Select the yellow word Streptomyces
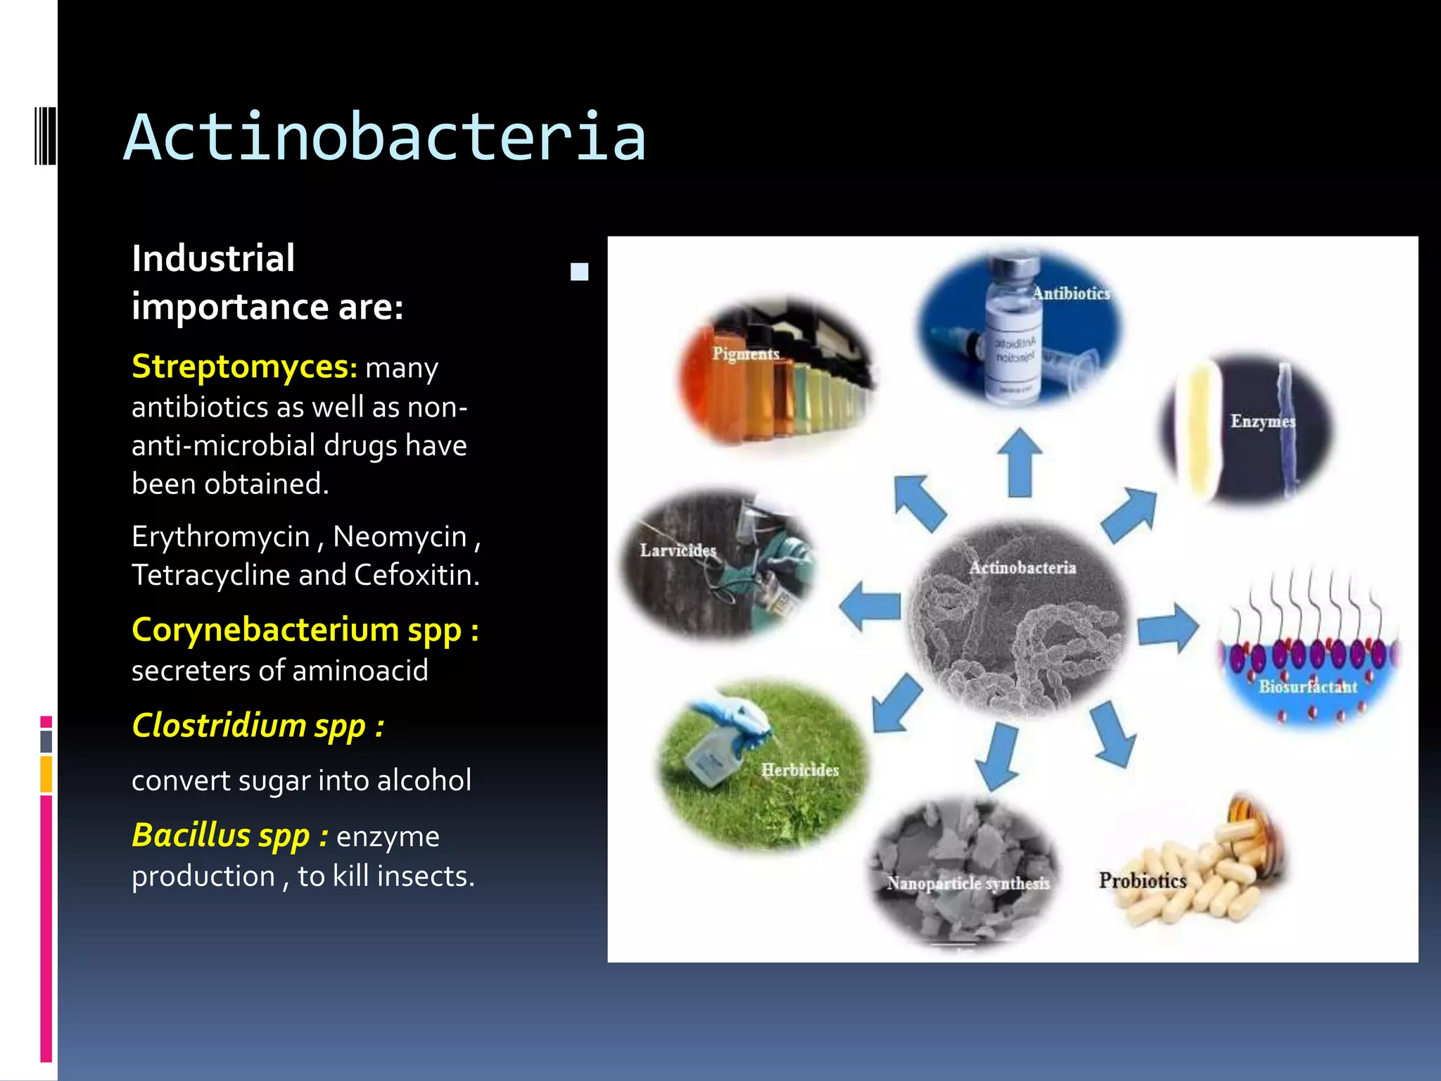tap(239, 367)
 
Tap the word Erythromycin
tap(220, 537)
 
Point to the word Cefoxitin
tap(416, 576)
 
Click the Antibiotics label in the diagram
tap(1071, 294)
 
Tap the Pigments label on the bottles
tap(745, 353)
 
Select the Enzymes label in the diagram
tap(1262, 422)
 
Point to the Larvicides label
tap(678, 550)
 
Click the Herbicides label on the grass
tap(800, 770)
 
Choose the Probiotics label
tap(1143, 880)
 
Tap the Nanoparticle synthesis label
tap(968, 883)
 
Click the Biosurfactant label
tap(1307, 687)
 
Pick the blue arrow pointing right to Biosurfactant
tap(1167, 626)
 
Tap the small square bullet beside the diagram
tap(579, 272)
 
